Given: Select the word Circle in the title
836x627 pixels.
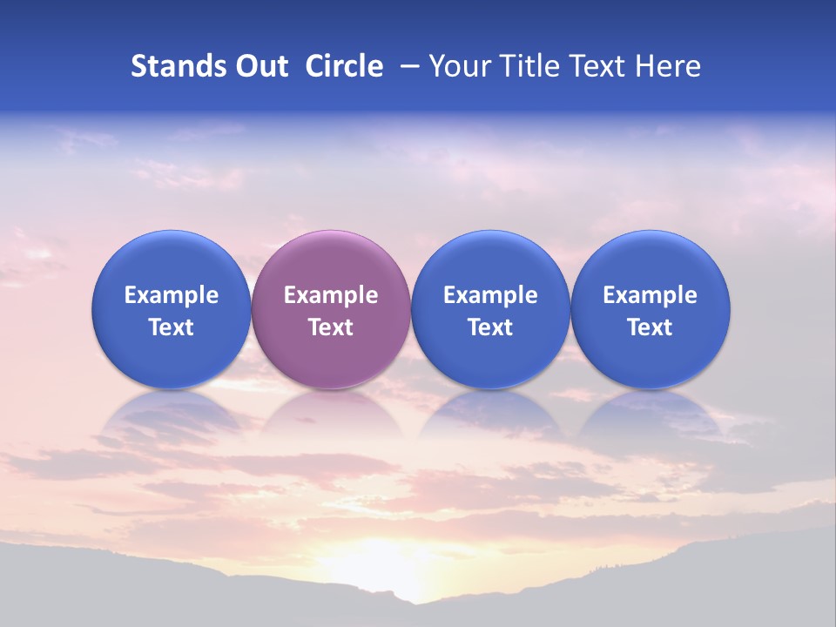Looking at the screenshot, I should (x=344, y=66).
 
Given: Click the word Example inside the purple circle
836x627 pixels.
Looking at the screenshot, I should (x=331, y=295).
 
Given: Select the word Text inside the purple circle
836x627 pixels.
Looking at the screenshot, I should (x=331, y=327).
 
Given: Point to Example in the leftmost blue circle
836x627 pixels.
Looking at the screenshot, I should (x=172, y=295).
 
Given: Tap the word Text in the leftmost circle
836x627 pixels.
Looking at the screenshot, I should (x=172, y=327).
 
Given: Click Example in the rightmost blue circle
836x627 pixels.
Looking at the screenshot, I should (x=650, y=295).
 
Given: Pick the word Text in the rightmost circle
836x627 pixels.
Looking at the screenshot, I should (x=650, y=327).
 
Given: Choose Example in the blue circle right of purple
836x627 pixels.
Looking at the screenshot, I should (x=490, y=295).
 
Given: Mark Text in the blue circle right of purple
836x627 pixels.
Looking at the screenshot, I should (x=490, y=327).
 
